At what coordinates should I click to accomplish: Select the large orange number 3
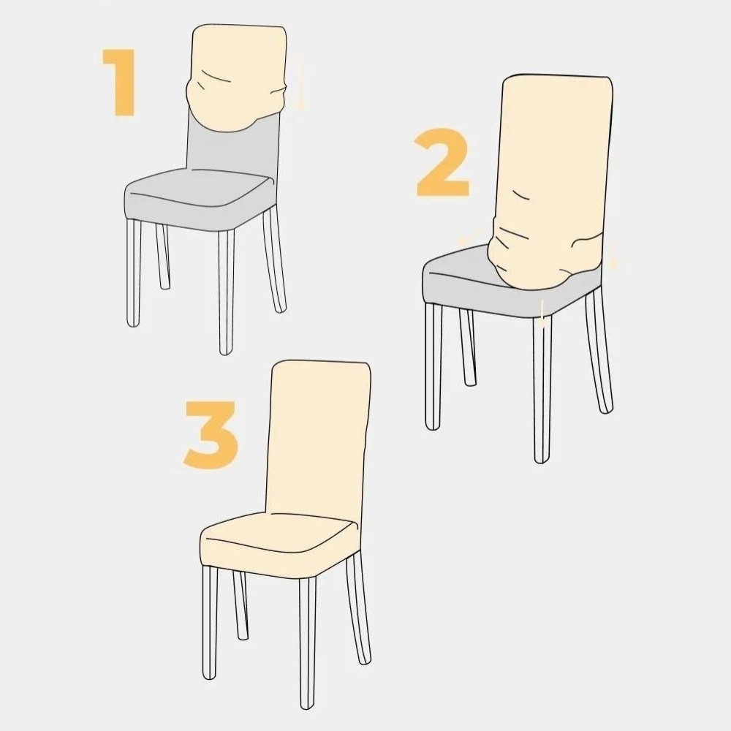pos(211,433)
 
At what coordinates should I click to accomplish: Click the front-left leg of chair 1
pos(133,273)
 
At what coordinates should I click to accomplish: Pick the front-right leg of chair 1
pos(226,292)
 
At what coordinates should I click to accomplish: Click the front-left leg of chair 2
pos(433,366)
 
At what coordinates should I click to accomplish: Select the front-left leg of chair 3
pos(210,622)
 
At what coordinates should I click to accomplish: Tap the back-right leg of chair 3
pos(358,607)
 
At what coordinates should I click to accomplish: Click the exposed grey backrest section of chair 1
pos(233,149)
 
